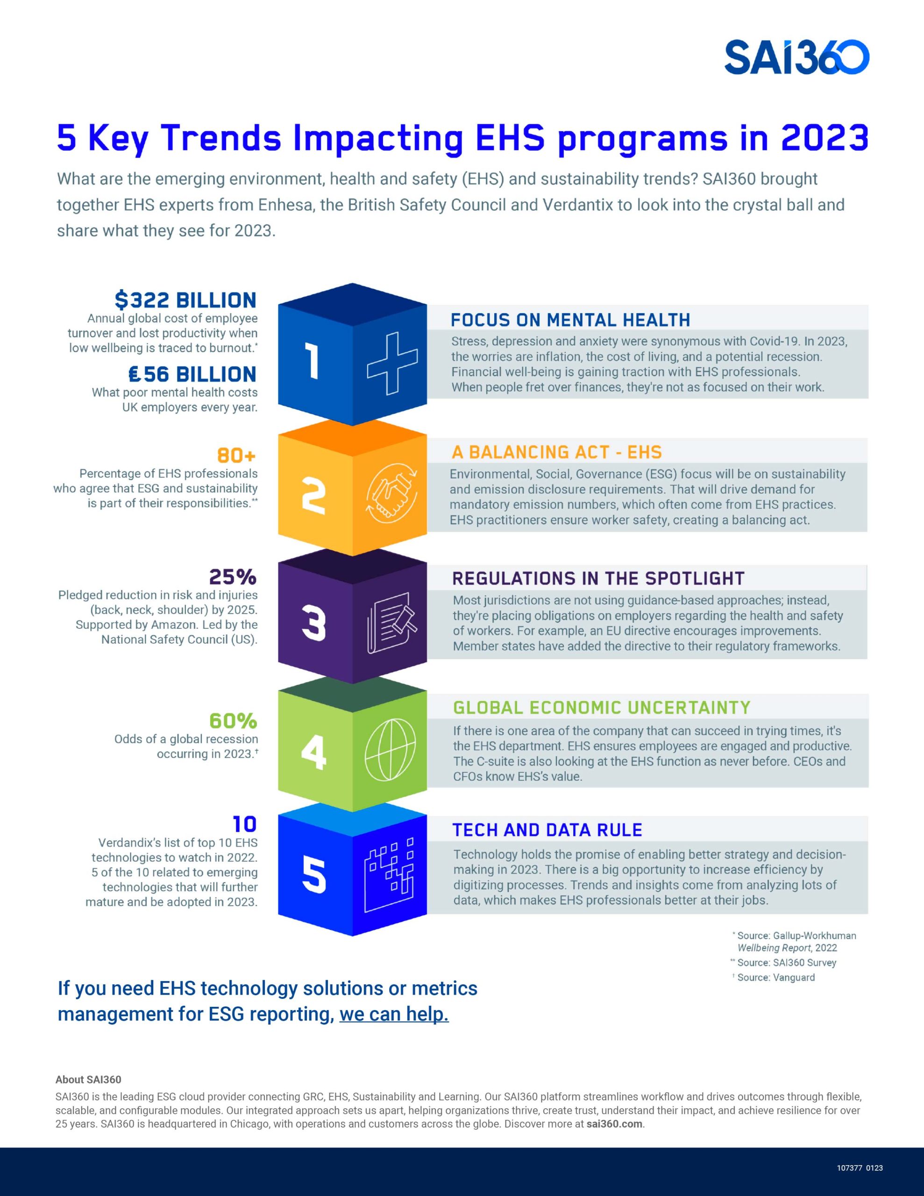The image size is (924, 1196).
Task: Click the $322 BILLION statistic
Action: (185, 300)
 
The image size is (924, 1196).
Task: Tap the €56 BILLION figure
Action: (192, 375)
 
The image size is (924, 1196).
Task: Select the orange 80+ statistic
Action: (237, 455)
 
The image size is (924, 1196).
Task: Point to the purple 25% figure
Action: (233, 577)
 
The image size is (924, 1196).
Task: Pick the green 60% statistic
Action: (233, 721)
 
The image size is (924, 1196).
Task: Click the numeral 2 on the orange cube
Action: (314, 496)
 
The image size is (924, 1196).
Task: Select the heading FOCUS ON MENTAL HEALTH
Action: (569, 320)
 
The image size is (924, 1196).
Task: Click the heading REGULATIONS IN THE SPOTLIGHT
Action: (598, 578)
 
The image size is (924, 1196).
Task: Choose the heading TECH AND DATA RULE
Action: (547, 830)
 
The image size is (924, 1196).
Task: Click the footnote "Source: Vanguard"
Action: (775, 977)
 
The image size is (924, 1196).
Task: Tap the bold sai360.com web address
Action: (614, 1124)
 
